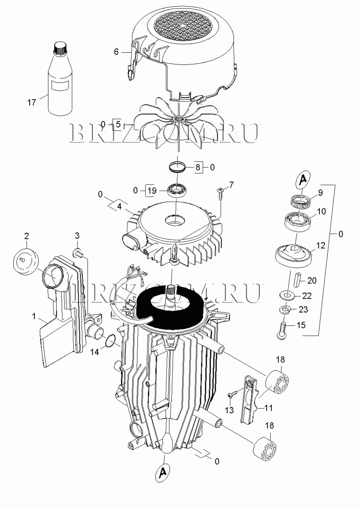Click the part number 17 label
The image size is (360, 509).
32,103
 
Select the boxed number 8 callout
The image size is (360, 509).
198,168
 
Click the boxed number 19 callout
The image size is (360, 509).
152,190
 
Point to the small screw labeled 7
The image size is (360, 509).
220,192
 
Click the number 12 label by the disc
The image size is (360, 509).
321,246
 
